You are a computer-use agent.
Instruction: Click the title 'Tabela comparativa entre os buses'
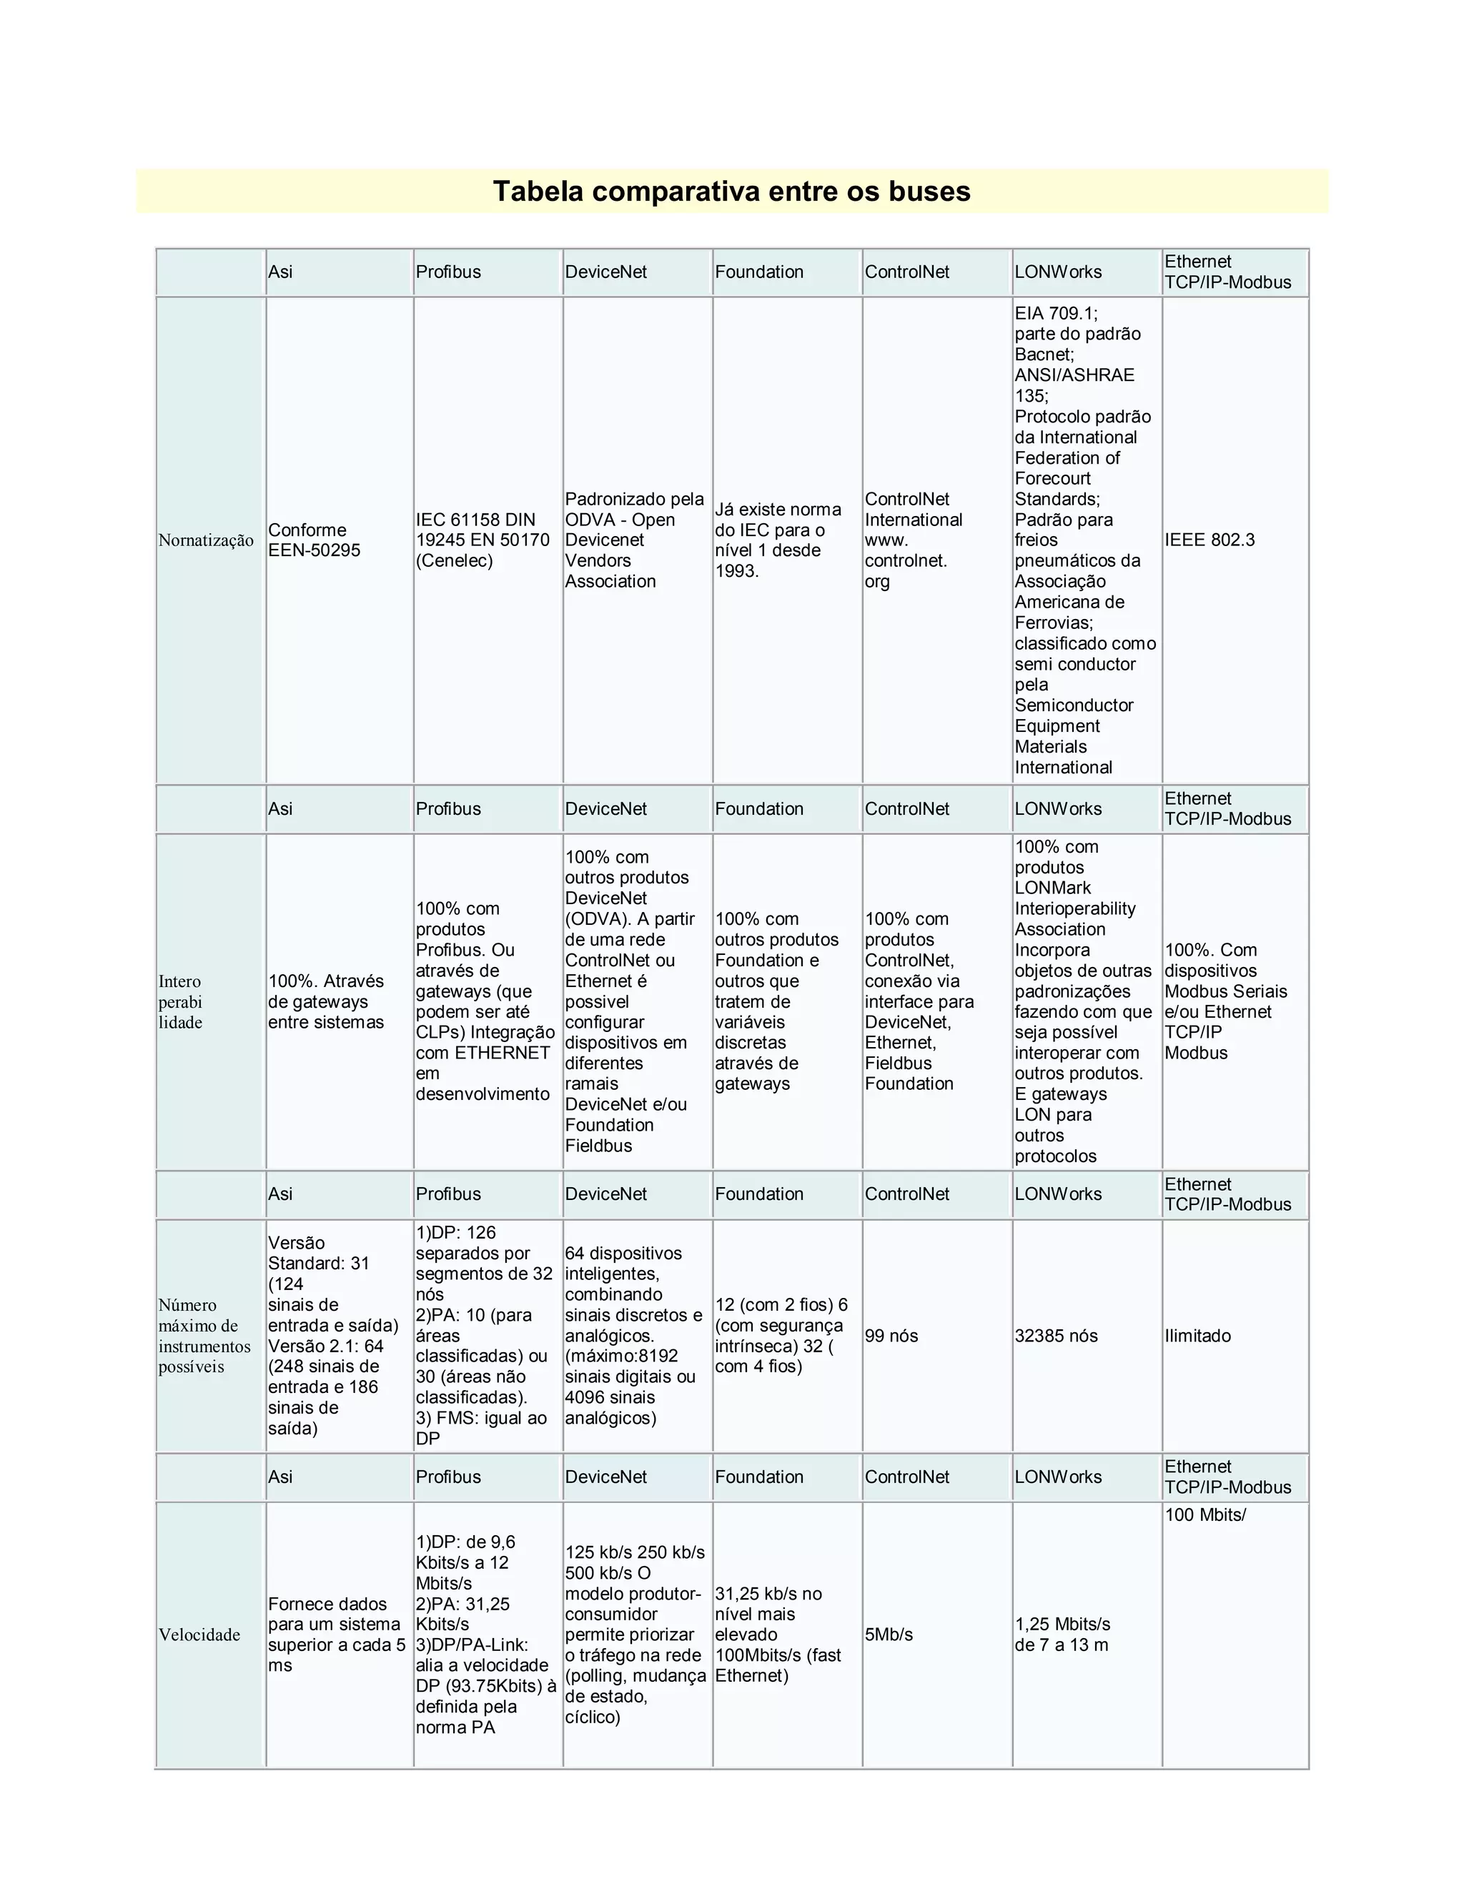click(731, 191)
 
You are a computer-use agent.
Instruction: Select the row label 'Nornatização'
click(206, 540)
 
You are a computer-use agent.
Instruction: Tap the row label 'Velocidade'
click(199, 1634)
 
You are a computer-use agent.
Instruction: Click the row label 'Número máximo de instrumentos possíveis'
click(204, 1336)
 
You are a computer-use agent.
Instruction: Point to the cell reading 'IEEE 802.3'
click(1209, 540)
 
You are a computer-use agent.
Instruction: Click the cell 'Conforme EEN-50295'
click(313, 540)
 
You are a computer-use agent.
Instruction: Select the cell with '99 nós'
click(891, 1336)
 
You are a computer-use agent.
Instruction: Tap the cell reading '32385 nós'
click(1056, 1336)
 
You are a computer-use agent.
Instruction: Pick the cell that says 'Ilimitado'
click(1197, 1336)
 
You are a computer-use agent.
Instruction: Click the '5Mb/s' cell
click(888, 1634)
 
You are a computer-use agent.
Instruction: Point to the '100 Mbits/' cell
click(1205, 1515)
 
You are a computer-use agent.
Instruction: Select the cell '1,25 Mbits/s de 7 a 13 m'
click(1062, 1634)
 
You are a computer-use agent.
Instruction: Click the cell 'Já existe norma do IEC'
click(777, 540)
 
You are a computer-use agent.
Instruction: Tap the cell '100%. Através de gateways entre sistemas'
click(325, 1001)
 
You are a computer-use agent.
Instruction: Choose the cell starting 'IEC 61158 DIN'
click(483, 540)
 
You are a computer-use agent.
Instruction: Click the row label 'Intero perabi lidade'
click(179, 1001)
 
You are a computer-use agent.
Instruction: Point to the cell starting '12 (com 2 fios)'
click(781, 1336)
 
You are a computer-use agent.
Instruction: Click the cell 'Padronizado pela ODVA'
click(634, 540)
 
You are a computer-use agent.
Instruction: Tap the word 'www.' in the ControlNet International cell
click(885, 540)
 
